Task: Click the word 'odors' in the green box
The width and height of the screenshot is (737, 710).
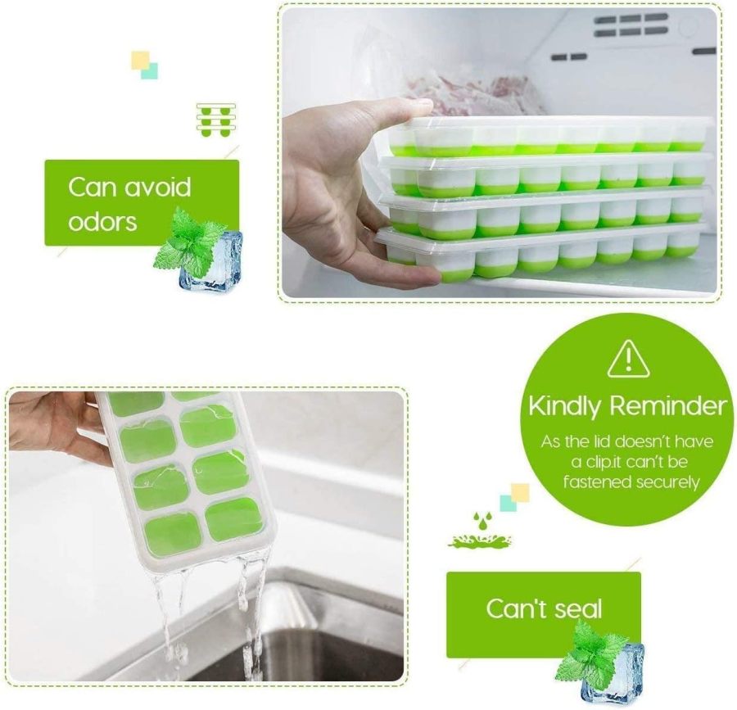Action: (x=102, y=221)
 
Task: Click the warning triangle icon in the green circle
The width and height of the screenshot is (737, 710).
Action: (x=628, y=358)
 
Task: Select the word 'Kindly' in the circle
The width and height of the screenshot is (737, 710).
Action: (x=565, y=406)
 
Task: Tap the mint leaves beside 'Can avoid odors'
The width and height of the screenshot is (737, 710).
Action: (x=184, y=237)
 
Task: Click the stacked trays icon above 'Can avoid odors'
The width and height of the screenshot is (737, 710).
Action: (x=216, y=120)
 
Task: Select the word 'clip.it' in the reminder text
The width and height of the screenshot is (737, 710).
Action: (x=599, y=462)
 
